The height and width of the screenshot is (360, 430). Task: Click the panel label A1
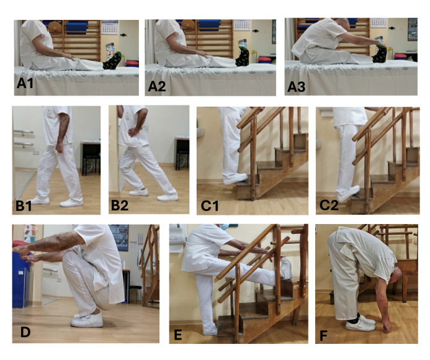pyautogui.click(x=25, y=83)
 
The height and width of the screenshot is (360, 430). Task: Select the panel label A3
pyautogui.click(x=296, y=86)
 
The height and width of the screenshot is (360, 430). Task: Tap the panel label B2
pyautogui.click(x=120, y=205)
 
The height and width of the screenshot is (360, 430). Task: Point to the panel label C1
pyautogui.click(x=210, y=205)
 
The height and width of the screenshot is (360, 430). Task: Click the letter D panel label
pyautogui.click(x=25, y=332)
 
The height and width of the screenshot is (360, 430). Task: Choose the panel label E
pyautogui.click(x=177, y=335)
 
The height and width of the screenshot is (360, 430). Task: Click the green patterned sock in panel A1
pyautogui.click(x=112, y=61)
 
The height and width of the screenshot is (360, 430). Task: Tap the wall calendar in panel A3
pyautogui.click(x=378, y=23)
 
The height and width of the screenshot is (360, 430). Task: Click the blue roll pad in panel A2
pyautogui.click(x=210, y=25)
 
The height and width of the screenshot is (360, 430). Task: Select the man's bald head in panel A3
pyautogui.click(x=344, y=25)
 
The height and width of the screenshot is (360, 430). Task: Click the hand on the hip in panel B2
pyautogui.click(x=134, y=132)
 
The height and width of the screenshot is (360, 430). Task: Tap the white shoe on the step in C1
pyautogui.click(x=235, y=179)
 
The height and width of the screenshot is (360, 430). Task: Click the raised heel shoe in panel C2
pyautogui.click(x=348, y=194)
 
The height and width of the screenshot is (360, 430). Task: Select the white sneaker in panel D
pyautogui.click(x=87, y=320)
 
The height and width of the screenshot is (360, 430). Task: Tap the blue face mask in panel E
pyautogui.click(x=225, y=227)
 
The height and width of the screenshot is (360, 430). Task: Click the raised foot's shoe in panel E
pyautogui.click(x=286, y=268)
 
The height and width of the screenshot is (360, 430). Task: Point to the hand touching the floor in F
pyautogui.click(x=387, y=325)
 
